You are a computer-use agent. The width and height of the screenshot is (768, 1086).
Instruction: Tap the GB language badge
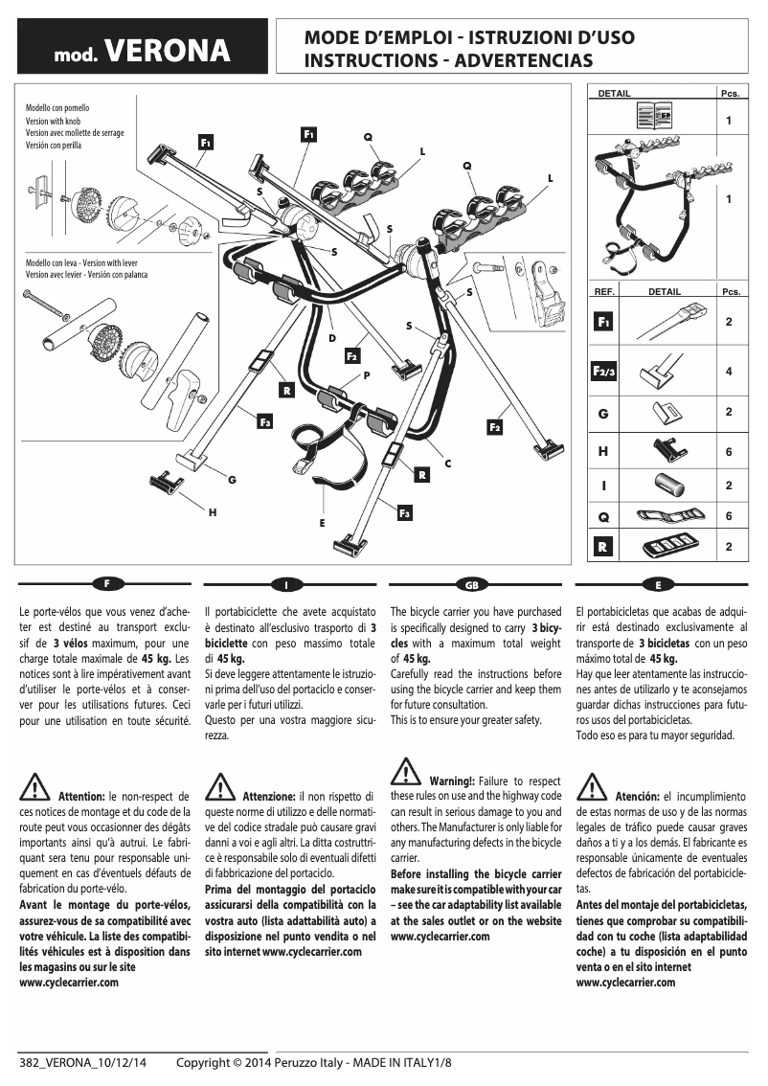tap(471, 583)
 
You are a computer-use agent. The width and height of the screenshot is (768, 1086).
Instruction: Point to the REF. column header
tap(604, 292)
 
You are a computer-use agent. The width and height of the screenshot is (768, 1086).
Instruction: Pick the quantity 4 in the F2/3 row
tap(729, 372)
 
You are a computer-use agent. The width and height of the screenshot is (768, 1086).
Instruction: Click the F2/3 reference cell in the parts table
tap(604, 372)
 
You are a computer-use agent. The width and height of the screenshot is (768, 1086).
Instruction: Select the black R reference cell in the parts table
tap(603, 547)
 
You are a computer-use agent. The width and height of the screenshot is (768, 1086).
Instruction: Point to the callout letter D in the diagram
tap(331, 338)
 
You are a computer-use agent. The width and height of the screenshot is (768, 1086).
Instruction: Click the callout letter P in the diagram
tap(366, 375)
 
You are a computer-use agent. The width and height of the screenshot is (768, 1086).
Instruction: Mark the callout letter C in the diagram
tap(447, 464)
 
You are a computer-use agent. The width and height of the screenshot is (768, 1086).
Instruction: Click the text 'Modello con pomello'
tap(56, 109)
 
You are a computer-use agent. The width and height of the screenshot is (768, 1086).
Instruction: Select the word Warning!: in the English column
tap(452, 781)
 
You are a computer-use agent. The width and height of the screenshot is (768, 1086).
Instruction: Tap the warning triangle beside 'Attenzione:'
tap(219, 788)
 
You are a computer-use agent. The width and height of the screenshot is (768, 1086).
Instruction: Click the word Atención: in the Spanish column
tap(636, 797)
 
